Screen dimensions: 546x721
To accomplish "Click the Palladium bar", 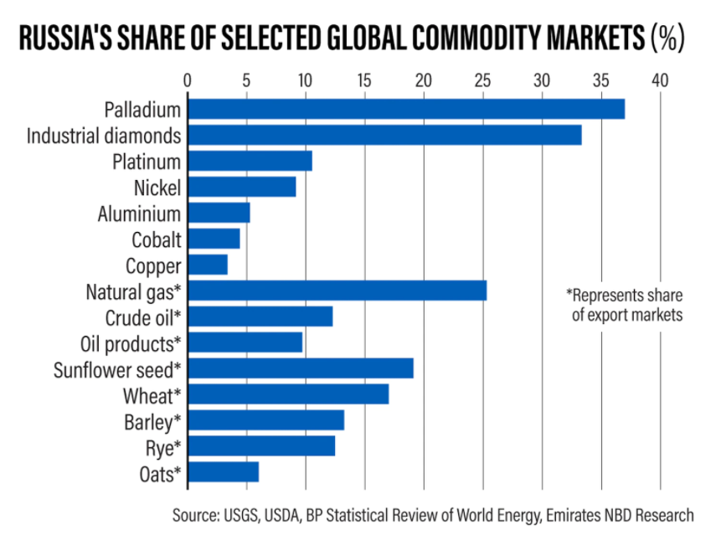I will (x=406, y=109).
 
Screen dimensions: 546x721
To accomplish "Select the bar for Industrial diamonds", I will (x=384, y=135).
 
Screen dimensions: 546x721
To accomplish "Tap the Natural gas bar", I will (x=337, y=291).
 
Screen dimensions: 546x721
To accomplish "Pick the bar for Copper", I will (x=208, y=265).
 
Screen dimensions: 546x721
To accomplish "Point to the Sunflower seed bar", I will (x=301, y=368).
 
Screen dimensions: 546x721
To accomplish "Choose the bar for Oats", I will (x=224, y=472).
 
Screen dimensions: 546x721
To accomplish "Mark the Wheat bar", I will (x=288, y=394).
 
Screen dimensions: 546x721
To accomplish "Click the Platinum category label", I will (x=147, y=161).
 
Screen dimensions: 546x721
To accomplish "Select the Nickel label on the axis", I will (x=157, y=188).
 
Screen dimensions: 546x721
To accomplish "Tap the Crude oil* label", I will (x=143, y=317).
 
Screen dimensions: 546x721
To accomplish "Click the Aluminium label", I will (x=139, y=214).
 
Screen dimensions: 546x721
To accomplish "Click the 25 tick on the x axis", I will (x=483, y=81).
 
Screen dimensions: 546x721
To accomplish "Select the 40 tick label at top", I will (x=661, y=81).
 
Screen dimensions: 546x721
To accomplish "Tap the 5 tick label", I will (x=246, y=81).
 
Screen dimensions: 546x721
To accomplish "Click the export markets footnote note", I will (x=625, y=306).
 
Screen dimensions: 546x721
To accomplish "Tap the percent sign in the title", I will (x=668, y=39).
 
